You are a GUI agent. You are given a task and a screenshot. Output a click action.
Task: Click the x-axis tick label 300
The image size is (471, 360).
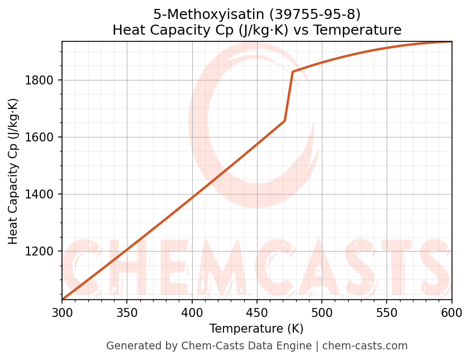[x=62, y=314]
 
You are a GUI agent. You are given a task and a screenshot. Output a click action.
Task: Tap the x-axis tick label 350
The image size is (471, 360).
[x=127, y=314]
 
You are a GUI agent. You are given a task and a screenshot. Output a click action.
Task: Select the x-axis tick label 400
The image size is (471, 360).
[x=192, y=314]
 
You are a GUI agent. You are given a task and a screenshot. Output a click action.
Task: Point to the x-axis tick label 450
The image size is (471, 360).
[x=257, y=314]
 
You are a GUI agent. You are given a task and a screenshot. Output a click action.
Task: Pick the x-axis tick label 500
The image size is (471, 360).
[x=322, y=314]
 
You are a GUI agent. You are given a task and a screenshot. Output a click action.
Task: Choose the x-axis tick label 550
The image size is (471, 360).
[x=387, y=314]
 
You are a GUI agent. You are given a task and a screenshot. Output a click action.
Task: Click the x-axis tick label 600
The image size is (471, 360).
[x=451, y=314]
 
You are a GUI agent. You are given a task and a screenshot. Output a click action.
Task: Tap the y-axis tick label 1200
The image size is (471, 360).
[x=39, y=252]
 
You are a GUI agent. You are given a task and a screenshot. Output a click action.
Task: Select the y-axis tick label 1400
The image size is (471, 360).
[x=39, y=195]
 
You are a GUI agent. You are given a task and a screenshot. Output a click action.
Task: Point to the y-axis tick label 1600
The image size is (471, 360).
[x=39, y=138]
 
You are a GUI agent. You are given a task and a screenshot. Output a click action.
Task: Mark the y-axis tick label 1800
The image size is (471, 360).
[x=39, y=80]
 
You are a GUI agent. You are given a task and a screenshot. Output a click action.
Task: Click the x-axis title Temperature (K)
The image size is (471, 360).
[x=256, y=329]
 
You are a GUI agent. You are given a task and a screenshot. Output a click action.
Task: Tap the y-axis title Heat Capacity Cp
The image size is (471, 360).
[x=13, y=171]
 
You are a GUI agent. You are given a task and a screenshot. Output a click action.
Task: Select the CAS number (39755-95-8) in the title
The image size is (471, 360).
[x=314, y=15]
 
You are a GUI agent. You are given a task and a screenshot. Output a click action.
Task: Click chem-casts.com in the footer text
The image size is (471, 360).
[x=365, y=346]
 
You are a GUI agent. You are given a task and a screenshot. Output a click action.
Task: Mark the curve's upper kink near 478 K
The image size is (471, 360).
[x=293, y=72]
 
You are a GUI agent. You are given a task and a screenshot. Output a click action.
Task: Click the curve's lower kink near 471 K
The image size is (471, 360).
[x=284, y=121]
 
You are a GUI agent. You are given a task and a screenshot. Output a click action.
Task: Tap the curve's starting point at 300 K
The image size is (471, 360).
[x=62, y=300]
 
